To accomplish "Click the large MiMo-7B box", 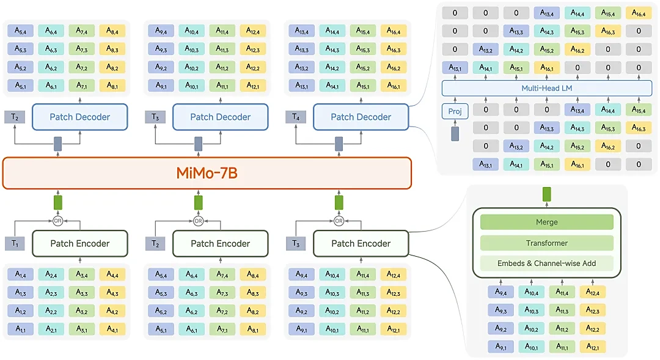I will click(207, 173).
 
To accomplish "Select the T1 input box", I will click(15, 243).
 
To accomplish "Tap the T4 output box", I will click(296, 117).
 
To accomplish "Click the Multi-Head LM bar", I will click(547, 89).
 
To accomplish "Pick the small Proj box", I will click(454, 111).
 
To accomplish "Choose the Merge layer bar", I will click(546, 222).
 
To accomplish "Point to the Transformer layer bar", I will click(546, 243).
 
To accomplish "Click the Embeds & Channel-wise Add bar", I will click(546, 263).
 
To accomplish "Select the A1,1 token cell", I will click(21, 329).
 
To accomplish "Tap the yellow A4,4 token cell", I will click(112, 274).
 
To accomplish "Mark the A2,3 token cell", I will click(51, 293).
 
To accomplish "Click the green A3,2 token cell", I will click(82, 311).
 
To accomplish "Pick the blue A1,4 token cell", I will click(21, 274).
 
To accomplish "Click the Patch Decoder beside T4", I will click(361, 117).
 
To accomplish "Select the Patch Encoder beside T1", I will click(79, 243).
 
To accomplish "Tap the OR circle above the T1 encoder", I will click(58, 221).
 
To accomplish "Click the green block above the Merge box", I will click(546, 194).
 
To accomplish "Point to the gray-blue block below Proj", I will click(454, 134).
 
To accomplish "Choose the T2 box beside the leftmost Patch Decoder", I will click(15, 117).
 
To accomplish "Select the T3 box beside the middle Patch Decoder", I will click(155, 117).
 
